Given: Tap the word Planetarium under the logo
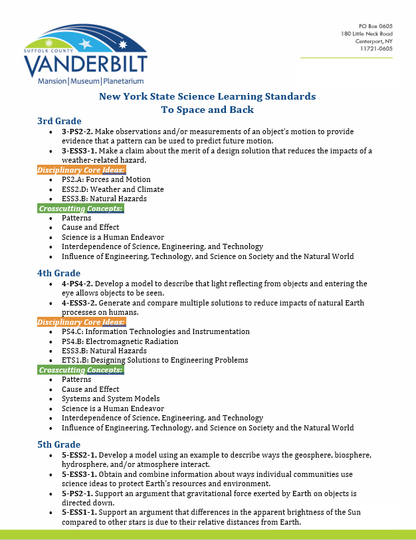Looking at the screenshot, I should coord(124,81).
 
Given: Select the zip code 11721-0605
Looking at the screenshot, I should coord(376,48).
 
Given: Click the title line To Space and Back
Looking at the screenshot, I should coord(207,109).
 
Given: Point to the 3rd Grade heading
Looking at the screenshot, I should coord(59,121).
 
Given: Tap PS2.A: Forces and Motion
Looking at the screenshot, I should coord(106,179).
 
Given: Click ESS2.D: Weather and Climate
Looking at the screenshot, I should coord(112,189).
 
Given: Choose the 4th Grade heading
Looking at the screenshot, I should coord(58,273).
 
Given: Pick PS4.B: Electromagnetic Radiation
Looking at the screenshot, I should coord(120,341).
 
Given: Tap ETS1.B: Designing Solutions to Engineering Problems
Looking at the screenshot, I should coord(155,360).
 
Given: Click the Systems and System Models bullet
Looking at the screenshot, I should coord(111,399).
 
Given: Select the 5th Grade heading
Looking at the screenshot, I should coord(59,444).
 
